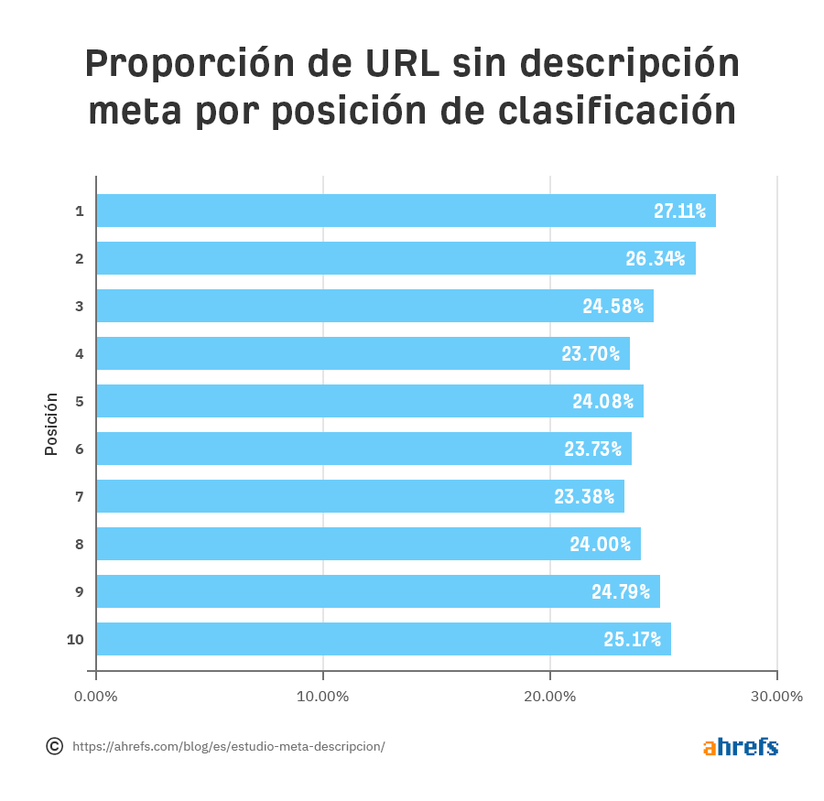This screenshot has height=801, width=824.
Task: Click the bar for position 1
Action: [406, 211]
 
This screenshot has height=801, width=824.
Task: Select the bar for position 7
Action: [360, 496]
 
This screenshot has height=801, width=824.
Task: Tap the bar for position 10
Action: [383, 639]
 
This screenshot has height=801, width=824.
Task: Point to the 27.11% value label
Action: [679, 211]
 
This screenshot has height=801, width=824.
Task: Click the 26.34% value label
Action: [656, 259]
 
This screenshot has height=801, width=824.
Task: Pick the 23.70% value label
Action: [591, 354]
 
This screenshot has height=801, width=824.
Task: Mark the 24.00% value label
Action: [601, 545]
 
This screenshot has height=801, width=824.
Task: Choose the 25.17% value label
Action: [632, 640]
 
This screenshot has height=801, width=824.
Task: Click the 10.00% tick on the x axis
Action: [323, 697]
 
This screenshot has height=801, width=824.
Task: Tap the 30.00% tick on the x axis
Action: [776, 697]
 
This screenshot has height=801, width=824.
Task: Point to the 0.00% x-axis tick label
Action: [96, 697]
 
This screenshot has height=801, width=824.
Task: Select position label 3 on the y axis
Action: [80, 306]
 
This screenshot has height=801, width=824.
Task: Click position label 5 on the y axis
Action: [80, 401]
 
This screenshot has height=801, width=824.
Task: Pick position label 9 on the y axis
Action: [80, 591]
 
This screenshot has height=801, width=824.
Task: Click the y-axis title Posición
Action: [51, 424]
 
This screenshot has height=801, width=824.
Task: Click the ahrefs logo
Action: [741, 746]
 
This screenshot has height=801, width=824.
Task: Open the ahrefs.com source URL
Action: [228, 747]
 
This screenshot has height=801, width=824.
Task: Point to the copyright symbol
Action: [55, 746]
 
